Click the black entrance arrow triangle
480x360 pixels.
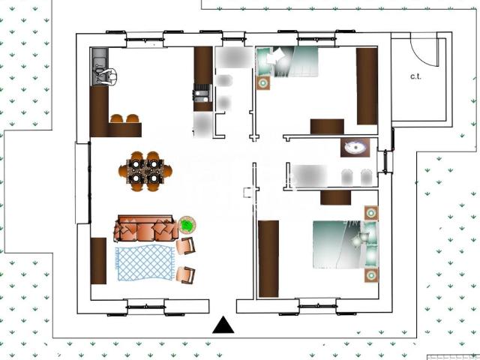223,325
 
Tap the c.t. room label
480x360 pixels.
415,76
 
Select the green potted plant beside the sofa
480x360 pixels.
187,225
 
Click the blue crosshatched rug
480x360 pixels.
145,262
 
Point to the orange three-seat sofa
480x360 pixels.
146,228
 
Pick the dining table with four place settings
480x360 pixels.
145,171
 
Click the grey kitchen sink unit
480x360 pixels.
100,67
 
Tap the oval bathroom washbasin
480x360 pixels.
355,148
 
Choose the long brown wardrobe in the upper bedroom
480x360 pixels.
367,86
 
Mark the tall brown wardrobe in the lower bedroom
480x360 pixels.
268,259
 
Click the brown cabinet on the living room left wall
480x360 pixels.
98,261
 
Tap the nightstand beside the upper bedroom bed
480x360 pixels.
263,83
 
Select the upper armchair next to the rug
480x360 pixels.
186,246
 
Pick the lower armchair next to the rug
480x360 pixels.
186,275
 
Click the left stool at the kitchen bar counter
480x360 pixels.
117,118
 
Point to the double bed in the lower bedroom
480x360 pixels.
346,245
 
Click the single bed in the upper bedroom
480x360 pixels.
286,61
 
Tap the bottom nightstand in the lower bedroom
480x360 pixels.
371,275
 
